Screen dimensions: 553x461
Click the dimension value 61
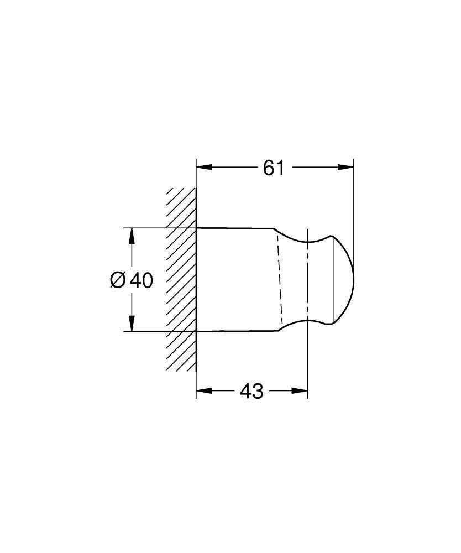click(274, 167)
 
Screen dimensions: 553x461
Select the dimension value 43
click(252, 392)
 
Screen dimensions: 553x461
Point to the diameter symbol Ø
click(118, 280)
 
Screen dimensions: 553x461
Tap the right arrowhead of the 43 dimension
click(301, 392)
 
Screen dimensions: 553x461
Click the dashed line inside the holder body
click(279, 279)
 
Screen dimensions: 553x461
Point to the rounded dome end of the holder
click(347, 280)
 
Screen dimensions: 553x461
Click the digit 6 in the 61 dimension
click(268, 167)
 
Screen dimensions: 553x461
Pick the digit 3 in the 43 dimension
click(258, 392)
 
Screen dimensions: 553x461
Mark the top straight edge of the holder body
click(235, 228)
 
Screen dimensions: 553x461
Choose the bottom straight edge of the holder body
click(235, 331)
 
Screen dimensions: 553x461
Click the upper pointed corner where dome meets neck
click(332, 236)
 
